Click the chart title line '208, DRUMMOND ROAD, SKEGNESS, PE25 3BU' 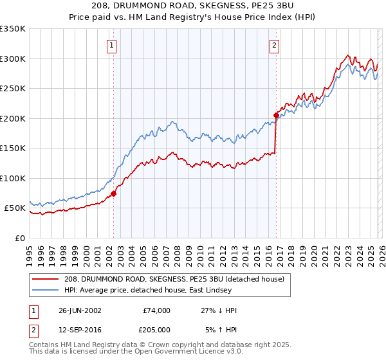pos(192,6)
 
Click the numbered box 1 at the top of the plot pos(113,46)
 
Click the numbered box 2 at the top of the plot pos(275,46)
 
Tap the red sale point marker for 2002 pos(113,194)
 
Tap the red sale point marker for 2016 pos(276,115)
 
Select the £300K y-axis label pos(13,59)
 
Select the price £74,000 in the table pos(157,310)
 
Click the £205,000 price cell pos(157,330)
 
